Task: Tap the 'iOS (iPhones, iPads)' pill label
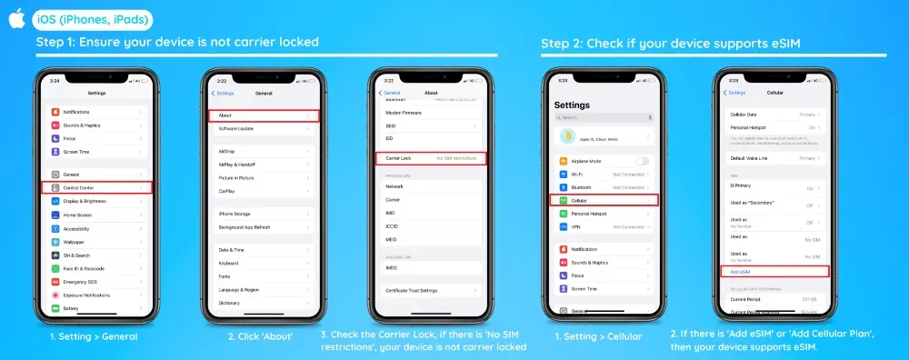[x=92, y=19]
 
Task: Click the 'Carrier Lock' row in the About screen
[x=431, y=158]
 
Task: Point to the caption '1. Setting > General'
[x=94, y=336]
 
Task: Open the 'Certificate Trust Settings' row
[x=431, y=290]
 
